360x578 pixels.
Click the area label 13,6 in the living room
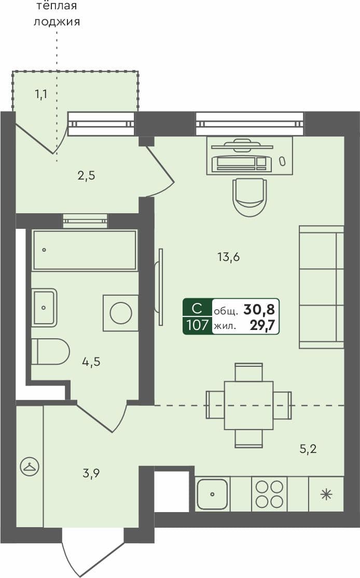click(x=228, y=256)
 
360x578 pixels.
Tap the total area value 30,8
click(x=259, y=310)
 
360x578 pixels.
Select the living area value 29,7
click(x=262, y=326)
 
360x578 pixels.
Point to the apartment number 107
click(x=198, y=326)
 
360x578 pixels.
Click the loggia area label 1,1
click(x=41, y=94)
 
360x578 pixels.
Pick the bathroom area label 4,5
click(x=91, y=362)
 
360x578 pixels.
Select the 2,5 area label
click(x=86, y=175)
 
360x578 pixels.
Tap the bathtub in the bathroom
click(x=85, y=250)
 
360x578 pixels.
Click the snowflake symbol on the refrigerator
click(x=326, y=494)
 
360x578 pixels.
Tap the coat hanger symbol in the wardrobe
click(x=29, y=467)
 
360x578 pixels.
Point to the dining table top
click(x=248, y=405)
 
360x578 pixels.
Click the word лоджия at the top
click(x=57, y=22)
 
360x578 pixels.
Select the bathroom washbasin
click(x=44, y=307)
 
